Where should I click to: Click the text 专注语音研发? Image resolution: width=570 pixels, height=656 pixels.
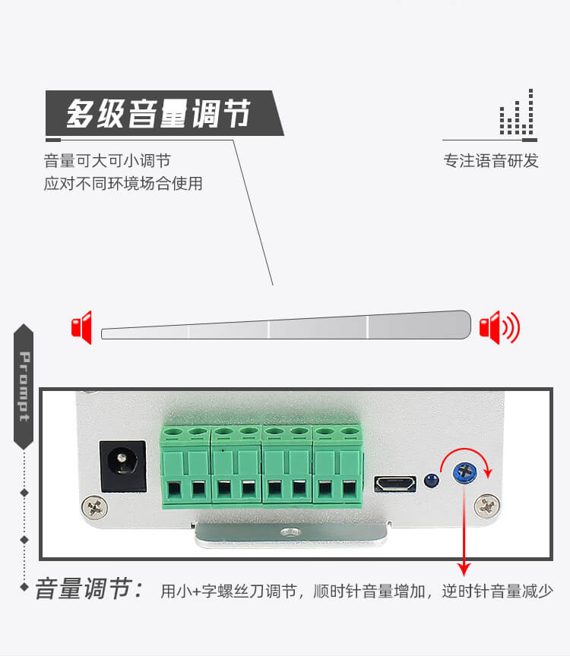491,161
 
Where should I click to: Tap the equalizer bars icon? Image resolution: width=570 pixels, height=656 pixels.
517,114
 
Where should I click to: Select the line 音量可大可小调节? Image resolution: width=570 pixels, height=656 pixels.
107,161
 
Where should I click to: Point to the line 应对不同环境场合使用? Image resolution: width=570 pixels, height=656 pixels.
123,184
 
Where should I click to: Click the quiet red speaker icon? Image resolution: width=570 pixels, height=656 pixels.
81,327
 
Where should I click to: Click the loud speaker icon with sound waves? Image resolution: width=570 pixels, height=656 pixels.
499,327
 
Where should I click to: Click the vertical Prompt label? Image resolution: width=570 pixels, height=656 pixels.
24,387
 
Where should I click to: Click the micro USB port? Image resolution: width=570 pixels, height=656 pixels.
395,484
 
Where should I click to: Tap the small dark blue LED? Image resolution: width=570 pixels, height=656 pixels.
431,481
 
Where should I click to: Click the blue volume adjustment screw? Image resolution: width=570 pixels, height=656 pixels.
464,471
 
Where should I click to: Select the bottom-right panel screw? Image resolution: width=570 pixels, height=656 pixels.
487,504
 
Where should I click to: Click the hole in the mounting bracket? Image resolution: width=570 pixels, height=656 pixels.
287,535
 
